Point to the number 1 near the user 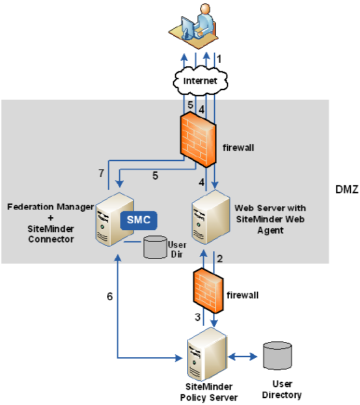tap(219, 59)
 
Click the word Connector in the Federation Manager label tap(52, 240)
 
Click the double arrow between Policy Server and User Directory tap(243, 357)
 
